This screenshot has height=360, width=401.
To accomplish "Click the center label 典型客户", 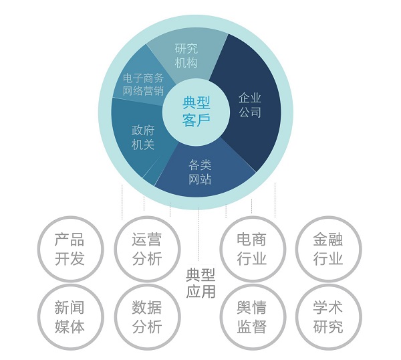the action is [x=196, y=112].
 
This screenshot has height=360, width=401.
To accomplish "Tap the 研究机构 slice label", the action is [x=186, y=56].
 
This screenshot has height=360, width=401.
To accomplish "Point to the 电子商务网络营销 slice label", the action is [x=143, y=85].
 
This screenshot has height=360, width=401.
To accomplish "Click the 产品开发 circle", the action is [x=71, y=249].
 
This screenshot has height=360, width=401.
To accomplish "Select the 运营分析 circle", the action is [x=147, y=249].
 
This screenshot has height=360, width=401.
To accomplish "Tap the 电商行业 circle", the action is [x=253, y=249].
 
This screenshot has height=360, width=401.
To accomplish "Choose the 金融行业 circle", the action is [x=329, y=249].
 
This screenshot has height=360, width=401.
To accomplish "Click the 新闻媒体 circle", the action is [x=71, y=317].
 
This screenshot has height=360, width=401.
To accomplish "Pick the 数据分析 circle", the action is [x=147, y=317].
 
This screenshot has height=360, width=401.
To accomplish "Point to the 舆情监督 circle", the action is [x=253, y=317].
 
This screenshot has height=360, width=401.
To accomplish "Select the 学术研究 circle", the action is [x=329, y=317].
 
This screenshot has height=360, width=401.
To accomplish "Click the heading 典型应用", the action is [x=200, y=283].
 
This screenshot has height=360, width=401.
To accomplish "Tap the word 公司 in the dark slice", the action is [x=250, y=112].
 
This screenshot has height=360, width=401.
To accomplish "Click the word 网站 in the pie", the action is [x=200, y=179].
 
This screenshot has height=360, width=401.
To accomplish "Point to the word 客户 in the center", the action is [x=196, y=120].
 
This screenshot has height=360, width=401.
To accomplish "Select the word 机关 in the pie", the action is [x=143, y=145].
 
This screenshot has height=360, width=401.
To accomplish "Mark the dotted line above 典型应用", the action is [x=198, y=234].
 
